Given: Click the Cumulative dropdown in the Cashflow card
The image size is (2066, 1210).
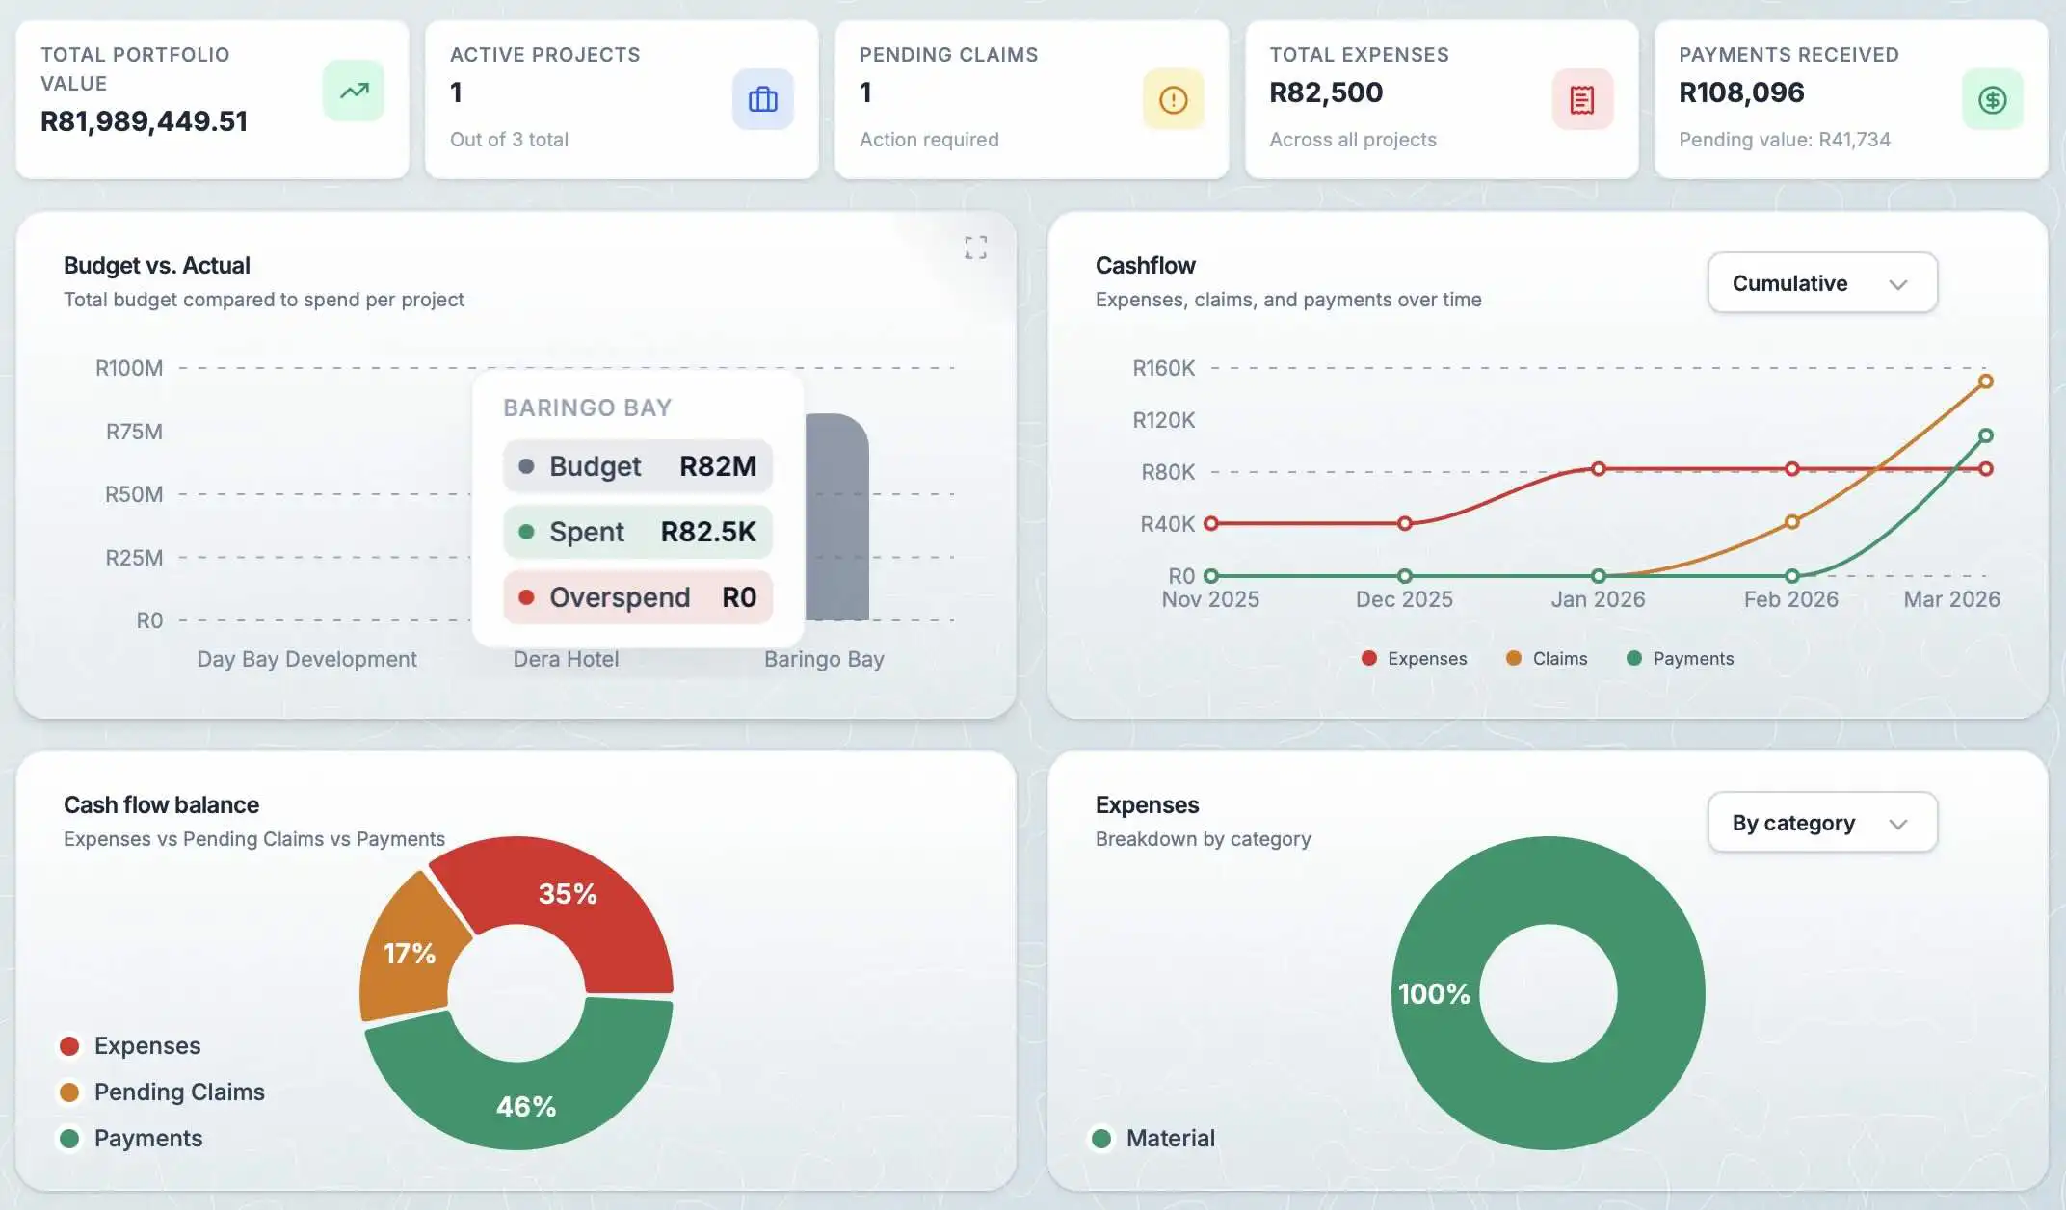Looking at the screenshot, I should pos(1821,283).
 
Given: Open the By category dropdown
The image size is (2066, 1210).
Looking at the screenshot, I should pos(1821,823).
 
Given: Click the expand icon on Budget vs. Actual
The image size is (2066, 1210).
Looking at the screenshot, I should pos(975,248).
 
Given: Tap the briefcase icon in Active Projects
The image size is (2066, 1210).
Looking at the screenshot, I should pos(762,99).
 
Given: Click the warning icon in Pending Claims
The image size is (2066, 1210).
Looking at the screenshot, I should pos(1173,99).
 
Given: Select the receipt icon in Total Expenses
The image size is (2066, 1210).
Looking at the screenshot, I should pos(1581,99).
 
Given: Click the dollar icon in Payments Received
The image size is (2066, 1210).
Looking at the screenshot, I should pos(1992,99).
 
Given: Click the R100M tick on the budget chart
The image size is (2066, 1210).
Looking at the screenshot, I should pos(129,368).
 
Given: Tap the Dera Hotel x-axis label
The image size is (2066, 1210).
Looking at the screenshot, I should pos(566,659).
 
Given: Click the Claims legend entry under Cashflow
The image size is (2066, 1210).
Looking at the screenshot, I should pos(1547,658).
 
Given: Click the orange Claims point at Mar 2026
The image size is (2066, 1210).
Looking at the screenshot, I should pos(1985,381).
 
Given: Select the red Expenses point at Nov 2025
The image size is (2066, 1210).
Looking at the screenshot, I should pos(1211,523).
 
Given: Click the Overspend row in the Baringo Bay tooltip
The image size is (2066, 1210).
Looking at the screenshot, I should pos(637,597).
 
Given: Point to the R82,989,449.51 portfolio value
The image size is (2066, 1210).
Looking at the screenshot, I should pos(145,121).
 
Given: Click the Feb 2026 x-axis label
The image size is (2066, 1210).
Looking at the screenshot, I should pos(1790,599).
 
